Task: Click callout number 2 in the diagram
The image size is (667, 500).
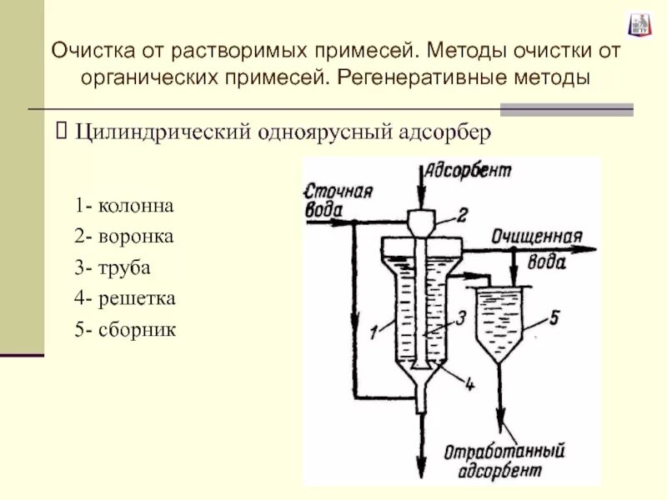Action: coord(464,215)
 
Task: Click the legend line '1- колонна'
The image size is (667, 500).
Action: coord(124,205)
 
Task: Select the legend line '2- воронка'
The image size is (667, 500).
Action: coord(123,237)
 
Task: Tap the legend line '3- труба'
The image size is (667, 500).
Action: coord(114,267)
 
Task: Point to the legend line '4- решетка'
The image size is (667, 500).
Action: coord(124,298)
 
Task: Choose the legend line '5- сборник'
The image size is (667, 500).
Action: coord(125,330)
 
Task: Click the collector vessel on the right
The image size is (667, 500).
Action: coord(500,321)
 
